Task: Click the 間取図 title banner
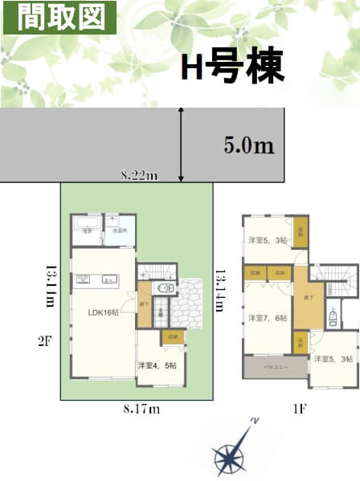pyautogui.click(x=59, y=17)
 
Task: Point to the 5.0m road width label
pyautogui.click(x=249, y=145)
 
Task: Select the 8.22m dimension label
pyautogui.click(x=139, y=176)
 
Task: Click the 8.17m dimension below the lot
pyautogui.click(x=141, y=410)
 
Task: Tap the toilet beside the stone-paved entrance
pyautogui.click(x=165, y=288)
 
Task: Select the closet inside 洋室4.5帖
pyautogui.click(x=173, y=338)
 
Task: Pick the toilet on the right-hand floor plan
pyautogui.click(x=333, y=319)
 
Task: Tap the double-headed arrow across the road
pyautogui.click(x=182, y=145)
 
